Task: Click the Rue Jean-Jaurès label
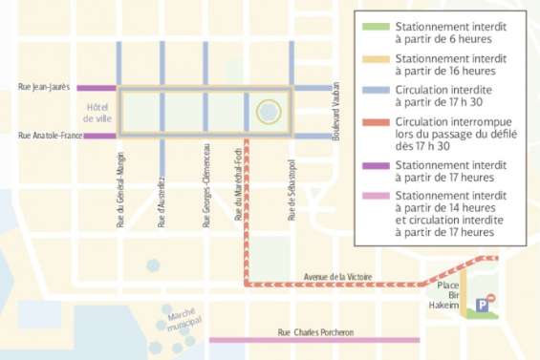pyautogui.click(x=46, y=88)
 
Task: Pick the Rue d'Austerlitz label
pyautogui.click(x=162, y=197)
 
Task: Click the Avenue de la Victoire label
pyautogui.click(x=336, y=276)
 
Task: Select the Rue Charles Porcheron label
pyautogui.click(x=315, y=331)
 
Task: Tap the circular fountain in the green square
pyautogui.click(x=269, y=113)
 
